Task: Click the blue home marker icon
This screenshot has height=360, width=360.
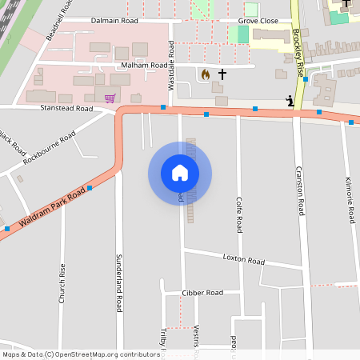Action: point(179,173)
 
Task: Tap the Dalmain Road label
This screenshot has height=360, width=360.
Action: point(114,20)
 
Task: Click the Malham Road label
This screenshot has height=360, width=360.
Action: point(144,66)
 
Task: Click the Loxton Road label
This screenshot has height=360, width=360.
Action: point(244,260)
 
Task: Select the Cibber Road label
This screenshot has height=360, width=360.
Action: point(202,293)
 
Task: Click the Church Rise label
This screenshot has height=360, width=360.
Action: point(62,285)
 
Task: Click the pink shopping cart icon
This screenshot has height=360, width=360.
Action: point(110,98)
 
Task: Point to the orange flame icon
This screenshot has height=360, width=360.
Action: point(205,74)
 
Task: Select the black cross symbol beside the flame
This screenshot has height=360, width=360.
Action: point(222,74)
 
